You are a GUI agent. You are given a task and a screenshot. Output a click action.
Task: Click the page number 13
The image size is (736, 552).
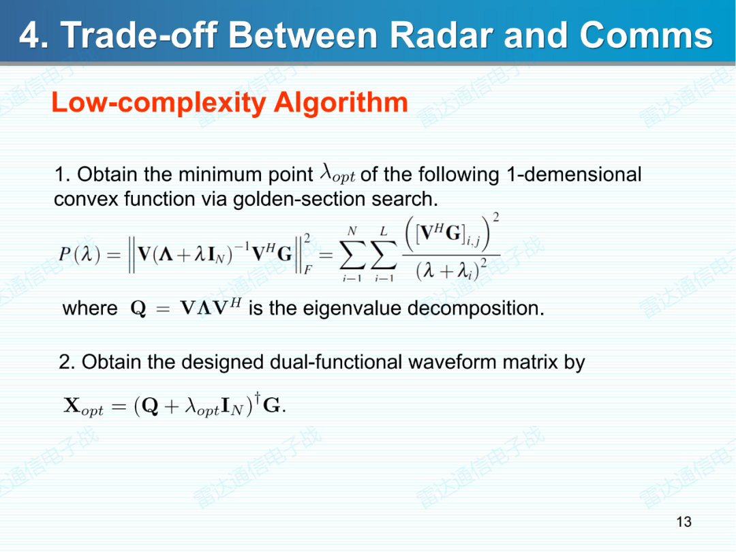pyautogui.click(x=684, y=522)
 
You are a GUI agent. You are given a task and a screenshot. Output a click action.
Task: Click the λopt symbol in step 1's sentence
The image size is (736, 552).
pyautogui.click(x=337, y=174)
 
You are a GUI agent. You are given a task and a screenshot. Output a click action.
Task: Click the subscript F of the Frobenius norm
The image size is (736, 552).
pyautogui.click(x=308, y=270)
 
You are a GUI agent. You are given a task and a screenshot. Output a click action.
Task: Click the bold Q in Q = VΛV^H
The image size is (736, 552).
pyautogui.click(x=138, y=309)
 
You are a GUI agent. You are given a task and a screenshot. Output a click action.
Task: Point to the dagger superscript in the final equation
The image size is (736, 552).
pyautogui.click(x=257, y=395)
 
